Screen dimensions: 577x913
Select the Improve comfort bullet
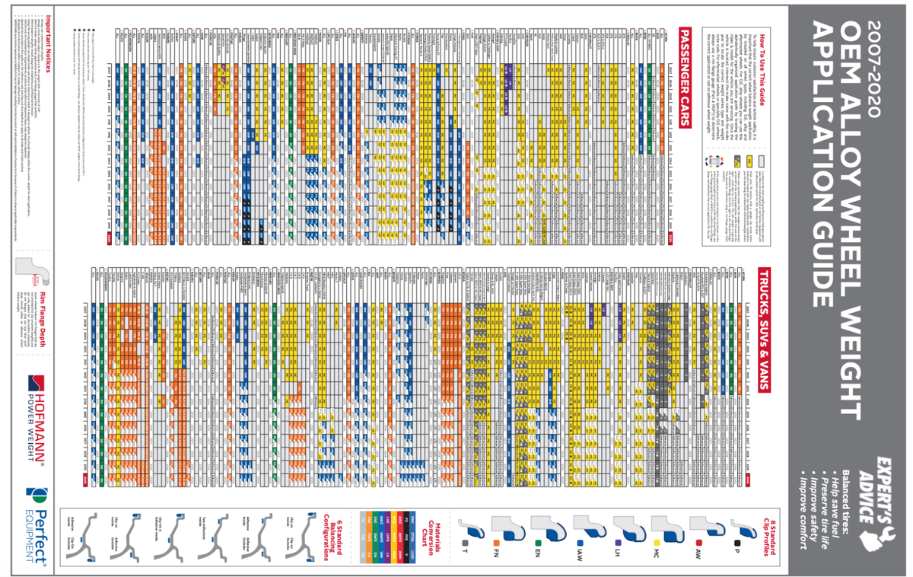(x=800, y=518)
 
